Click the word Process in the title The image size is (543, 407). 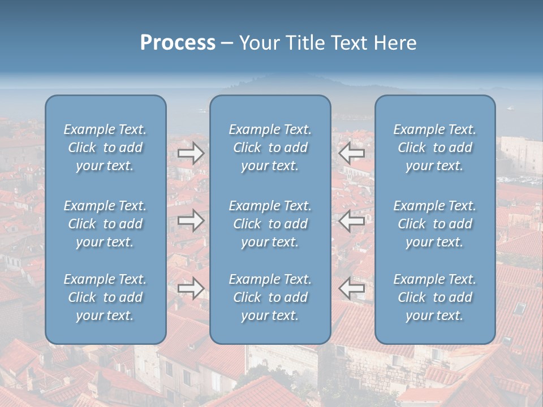pyautogui.click(x=178, y=43)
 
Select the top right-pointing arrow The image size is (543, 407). pyautogui.click(x=191, y=153)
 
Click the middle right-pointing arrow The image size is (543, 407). pyautogui.click(x=191, y=220)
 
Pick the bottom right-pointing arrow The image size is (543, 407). pyautogui.click(x=191, y=288)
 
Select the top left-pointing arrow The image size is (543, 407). pyautogui.click(x=351, y=153)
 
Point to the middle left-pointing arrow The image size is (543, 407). pyautogui.click(x=351, y=220)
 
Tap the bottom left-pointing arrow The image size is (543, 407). pyautogui.click(x=351, y=288)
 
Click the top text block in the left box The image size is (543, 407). pyautogui.click(x=105, y=148)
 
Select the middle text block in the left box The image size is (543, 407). pyautogui.click(x=105, y=224)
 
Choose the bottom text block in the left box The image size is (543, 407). pyautogui.click(x=105, y=297)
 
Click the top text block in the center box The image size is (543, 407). pyautogui.click(x=270, y=148)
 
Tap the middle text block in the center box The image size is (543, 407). pyautogui.click(x=270, y=224)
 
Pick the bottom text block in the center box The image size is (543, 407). pyautogui.click(x=270, y=297)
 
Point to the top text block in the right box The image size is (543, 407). pyautogui.click(x=434, y=148)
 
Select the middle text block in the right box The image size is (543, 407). pyautogui.click(x=434, y=224)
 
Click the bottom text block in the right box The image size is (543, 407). pyautogui.click(x=434, y=297)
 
